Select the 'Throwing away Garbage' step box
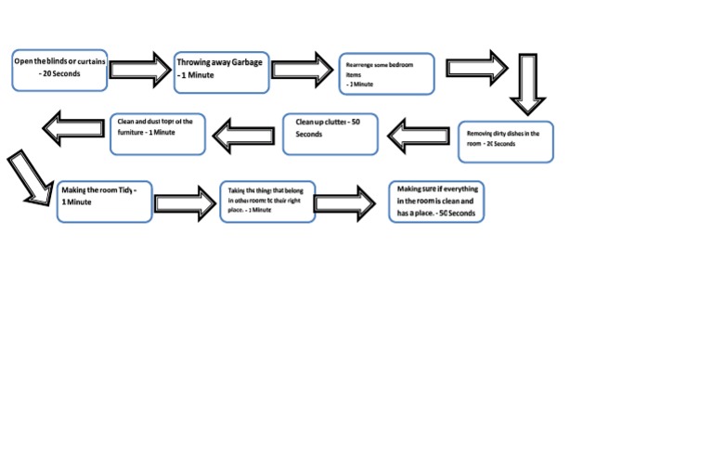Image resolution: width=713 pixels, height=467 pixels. click(x=222, y=71)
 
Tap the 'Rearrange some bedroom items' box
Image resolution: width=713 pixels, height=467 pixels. click(x=386, y=73)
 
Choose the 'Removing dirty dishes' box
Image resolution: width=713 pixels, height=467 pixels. click(x=506, y=141)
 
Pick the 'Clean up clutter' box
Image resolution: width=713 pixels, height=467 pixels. click(x=331, y=133)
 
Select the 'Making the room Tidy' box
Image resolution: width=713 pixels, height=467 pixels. click(x=104, y=201)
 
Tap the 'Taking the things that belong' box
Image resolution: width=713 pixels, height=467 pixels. click(x=267, y=201)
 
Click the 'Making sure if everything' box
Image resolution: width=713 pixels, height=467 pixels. click(x=435, y=201)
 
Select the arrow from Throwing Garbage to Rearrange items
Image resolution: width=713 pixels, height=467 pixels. click(x=303, y=70)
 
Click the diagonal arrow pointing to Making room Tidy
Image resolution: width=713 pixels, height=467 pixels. click(x=29, y=177)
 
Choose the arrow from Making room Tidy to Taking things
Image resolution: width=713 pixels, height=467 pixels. click(x=184, y=202)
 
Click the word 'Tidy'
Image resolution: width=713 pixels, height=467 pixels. click(x=125, y=189)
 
